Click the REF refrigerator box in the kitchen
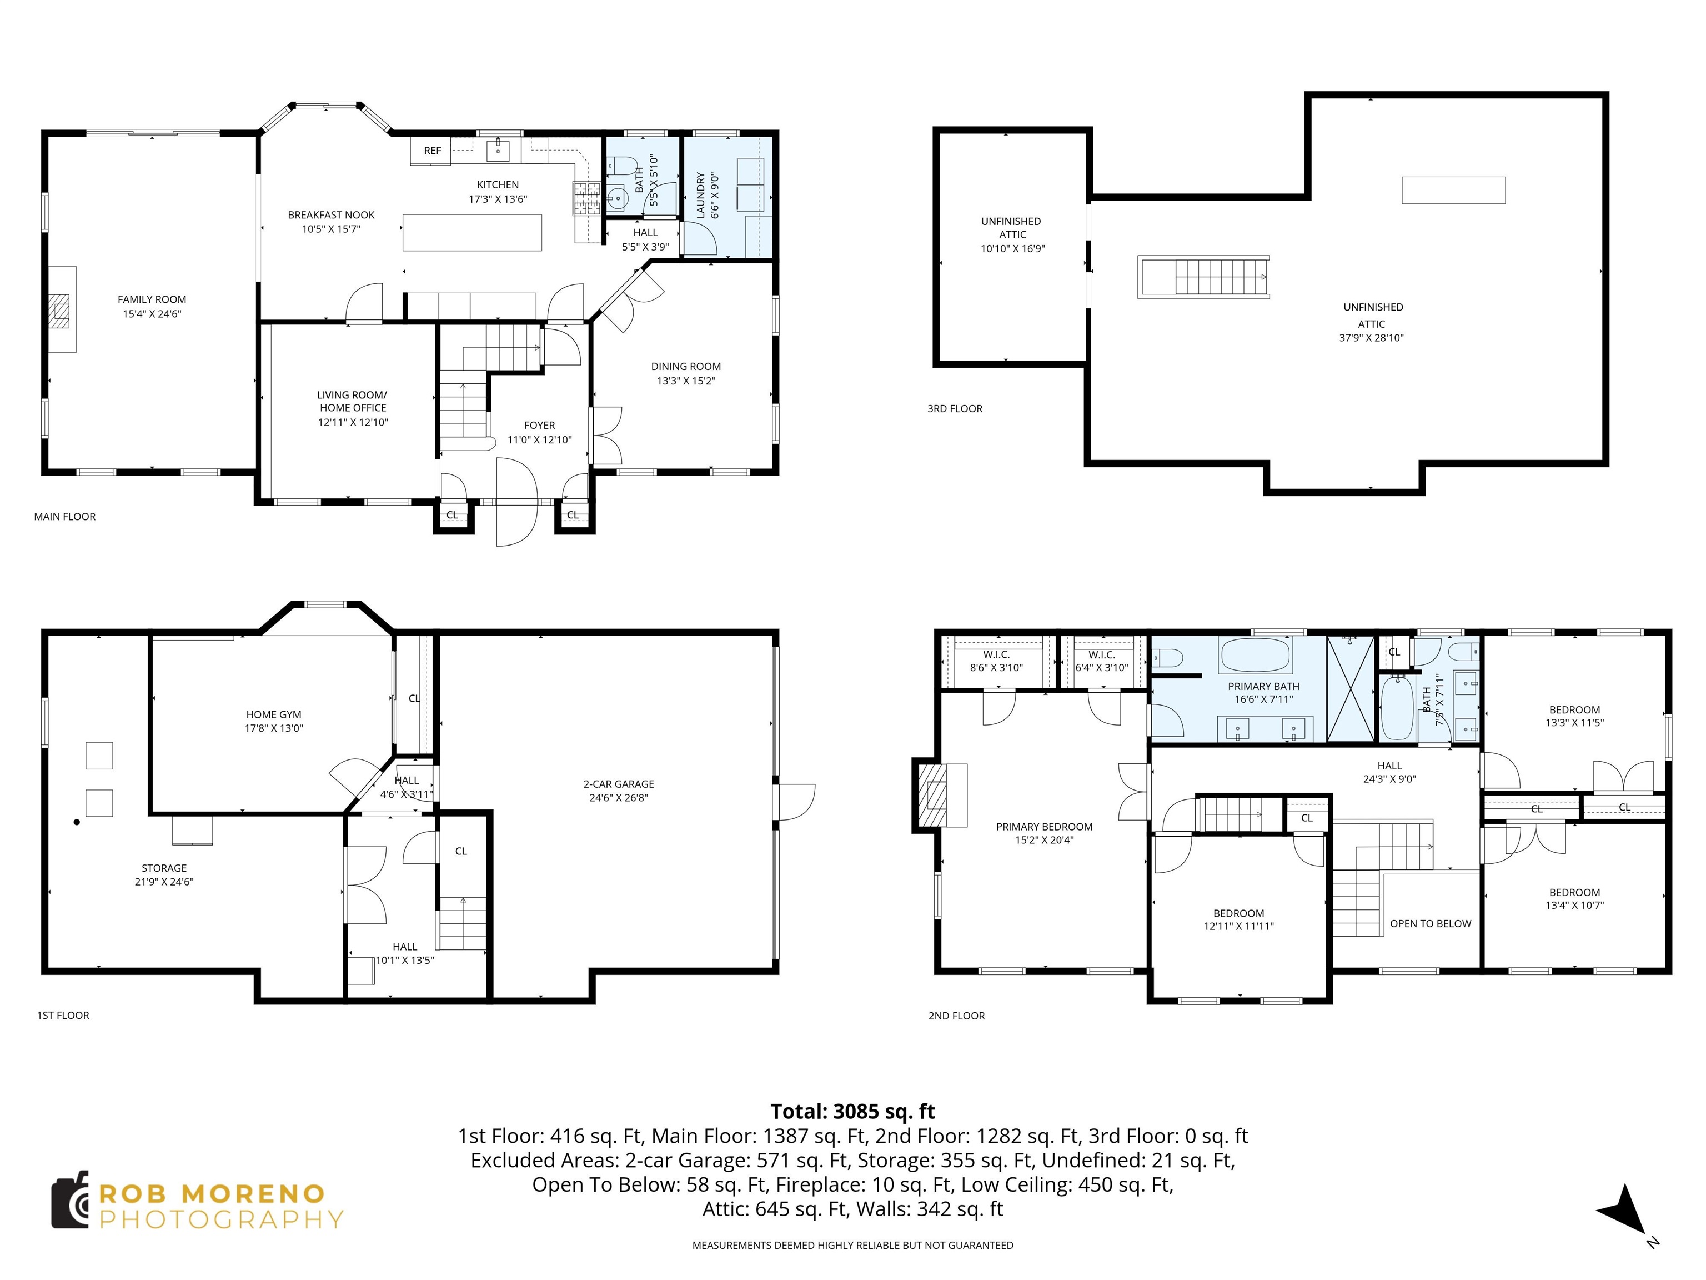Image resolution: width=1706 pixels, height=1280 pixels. tap(432, 151)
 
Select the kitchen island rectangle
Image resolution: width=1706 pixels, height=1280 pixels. tap(472, 232)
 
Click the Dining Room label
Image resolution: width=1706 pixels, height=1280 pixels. tap(686, 367)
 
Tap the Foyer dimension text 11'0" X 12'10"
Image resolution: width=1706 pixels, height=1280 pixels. tap(539, 440)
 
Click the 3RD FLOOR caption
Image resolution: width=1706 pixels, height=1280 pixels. tap(954, 409)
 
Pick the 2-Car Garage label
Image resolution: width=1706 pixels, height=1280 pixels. tap(619, 784)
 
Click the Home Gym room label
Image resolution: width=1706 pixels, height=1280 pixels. tap(274, 714)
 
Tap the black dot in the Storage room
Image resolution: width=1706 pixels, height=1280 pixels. tap(76, 822)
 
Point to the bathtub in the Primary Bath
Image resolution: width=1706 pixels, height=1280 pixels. tap(1255, 655)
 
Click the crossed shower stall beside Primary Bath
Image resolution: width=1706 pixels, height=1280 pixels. tap(1351, 688)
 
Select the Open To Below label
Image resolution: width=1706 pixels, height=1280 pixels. tap(1430, 923)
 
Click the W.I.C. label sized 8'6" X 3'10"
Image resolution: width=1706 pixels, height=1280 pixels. tap(996, 654)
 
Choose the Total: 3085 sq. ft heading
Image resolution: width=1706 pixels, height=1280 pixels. tap(852, 1111)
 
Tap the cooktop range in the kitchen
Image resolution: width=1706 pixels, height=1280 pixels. tap(585, 198)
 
